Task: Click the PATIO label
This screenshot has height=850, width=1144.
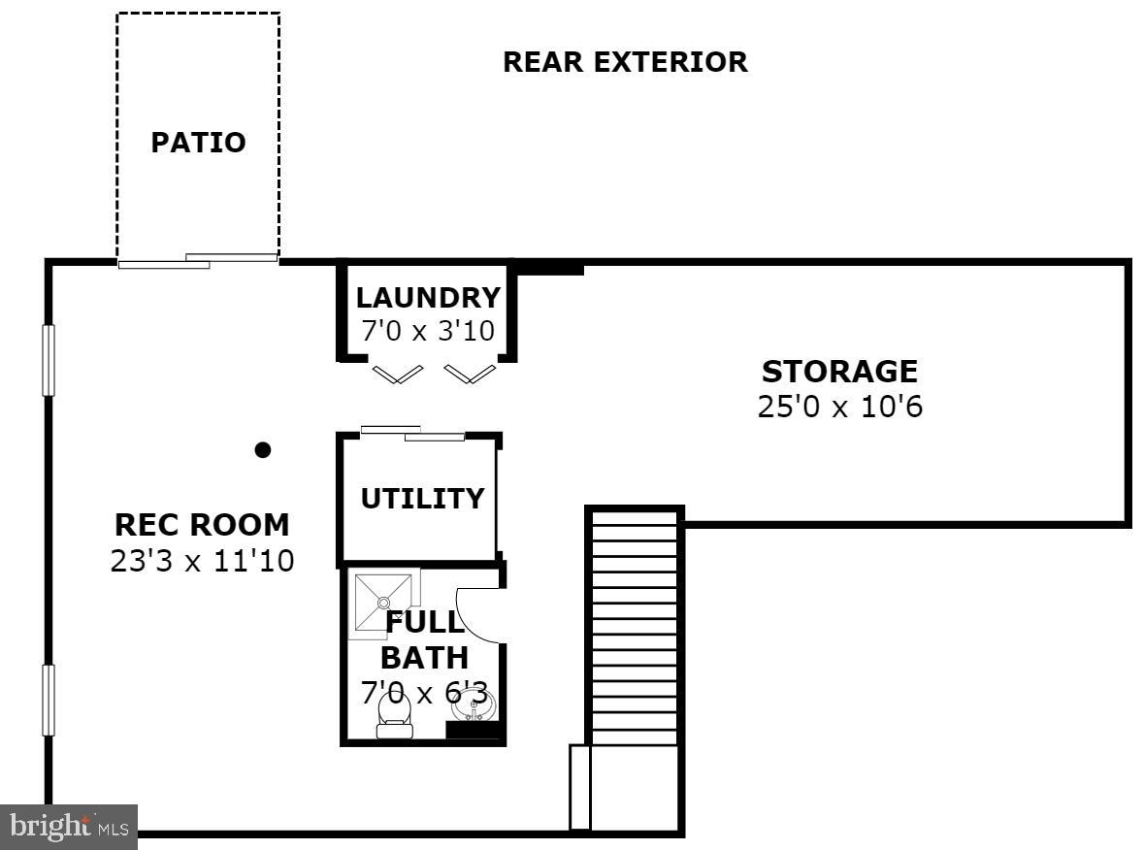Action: click(198, 143)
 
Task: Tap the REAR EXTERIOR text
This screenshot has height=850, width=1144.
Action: click(625, 62)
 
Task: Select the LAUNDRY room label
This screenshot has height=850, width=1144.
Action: click(428, 298)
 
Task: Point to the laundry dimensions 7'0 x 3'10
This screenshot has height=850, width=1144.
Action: click(428, 331)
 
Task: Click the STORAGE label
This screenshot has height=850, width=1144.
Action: click(839, 372)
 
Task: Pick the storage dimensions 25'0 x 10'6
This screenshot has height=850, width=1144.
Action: click(839, 406)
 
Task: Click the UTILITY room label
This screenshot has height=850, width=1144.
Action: click(422, 499)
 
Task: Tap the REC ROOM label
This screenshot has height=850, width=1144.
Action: click(202, 525)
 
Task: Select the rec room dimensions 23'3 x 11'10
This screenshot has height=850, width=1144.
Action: click(202, 560)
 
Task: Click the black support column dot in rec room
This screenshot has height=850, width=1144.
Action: click(262, 449)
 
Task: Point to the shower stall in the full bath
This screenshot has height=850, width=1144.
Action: click(383, 603)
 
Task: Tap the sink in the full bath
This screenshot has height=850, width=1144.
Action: click(474, 704)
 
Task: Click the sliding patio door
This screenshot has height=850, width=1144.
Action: click(198, 260)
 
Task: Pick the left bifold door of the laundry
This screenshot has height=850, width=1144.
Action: click(398, 373)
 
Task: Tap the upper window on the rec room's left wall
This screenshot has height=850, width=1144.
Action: click(49, 360)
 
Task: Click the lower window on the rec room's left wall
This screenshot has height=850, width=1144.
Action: click(49, 700)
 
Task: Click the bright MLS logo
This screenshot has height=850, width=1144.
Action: click(68, 827)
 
